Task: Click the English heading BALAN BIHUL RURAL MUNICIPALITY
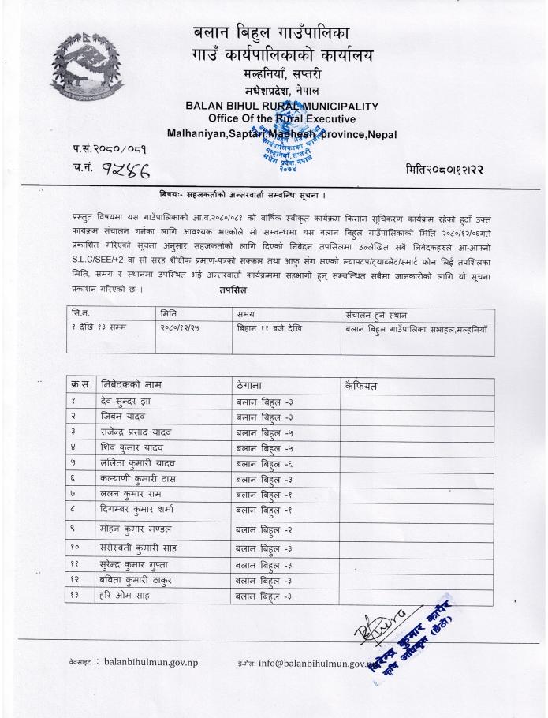pos(281,107)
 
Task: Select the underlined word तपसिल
pos(234,290)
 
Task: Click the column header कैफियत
pos(363,386)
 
